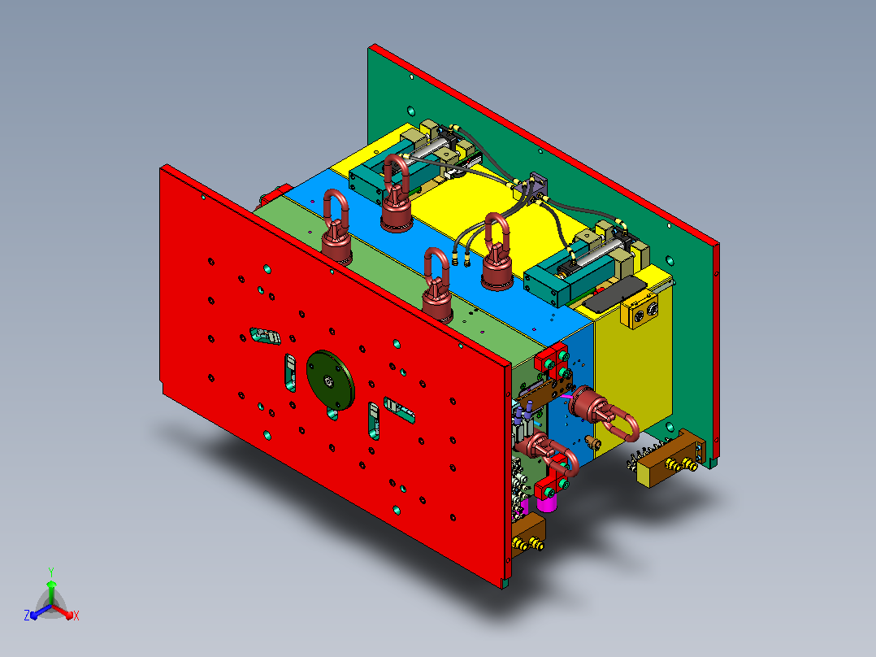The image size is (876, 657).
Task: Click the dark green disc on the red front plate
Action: click(x=330, y=381)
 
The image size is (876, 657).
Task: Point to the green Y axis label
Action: click(x=51, y=572)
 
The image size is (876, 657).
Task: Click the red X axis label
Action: click(x=76, y=616)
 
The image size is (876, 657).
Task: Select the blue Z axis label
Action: click(x=27, y=616)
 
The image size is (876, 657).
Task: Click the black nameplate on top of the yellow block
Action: click(x=614, y=294)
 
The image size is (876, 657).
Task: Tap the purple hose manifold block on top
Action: click(x=534, y=187)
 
